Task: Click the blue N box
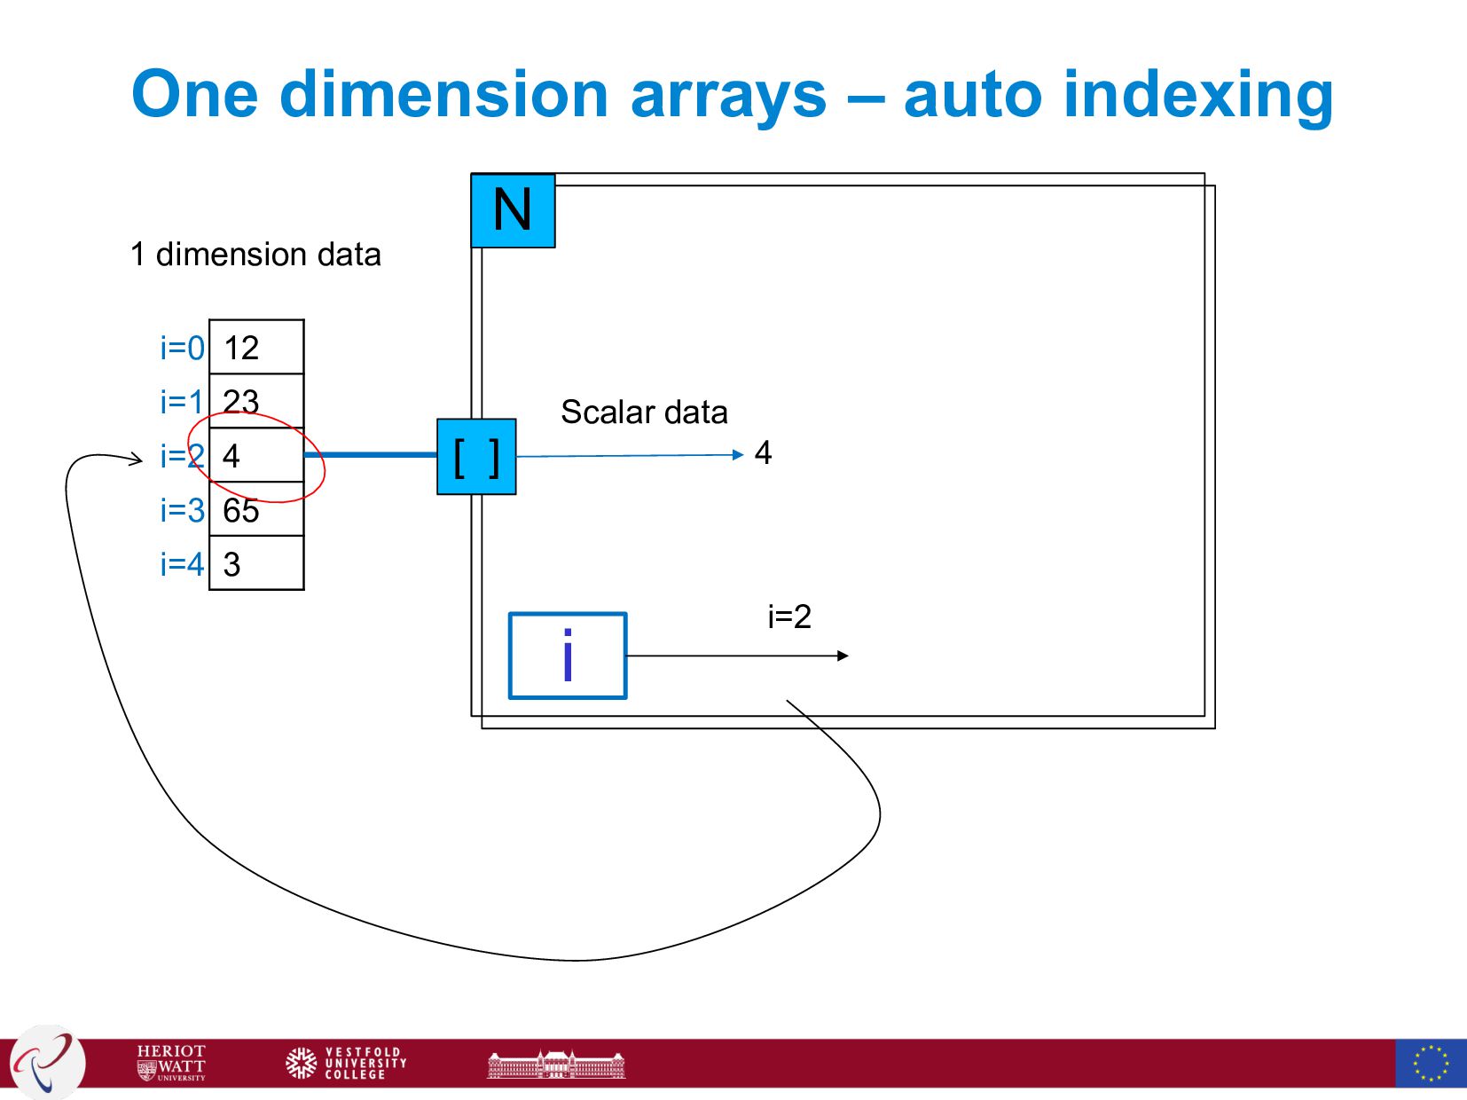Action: [x=513, y=211]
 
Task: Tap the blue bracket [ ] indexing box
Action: [x=476, y=457]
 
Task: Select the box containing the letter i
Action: [x=568, y=656]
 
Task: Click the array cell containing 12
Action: [x=256, y=348]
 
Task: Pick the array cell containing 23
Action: [x=256, y=401]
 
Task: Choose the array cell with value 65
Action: [x=256, y=510]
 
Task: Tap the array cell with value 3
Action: [x=256, y=563]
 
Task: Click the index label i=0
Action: [x=182, y=348]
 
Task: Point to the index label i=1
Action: [x=182, y=402]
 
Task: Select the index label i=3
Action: [x=182, y=510]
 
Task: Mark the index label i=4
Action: [x=182, y=563]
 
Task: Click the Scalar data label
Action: [x=644, y=412]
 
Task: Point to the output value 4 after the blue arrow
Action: [x=763, y=453]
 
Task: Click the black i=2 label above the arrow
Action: [x=789, y=617]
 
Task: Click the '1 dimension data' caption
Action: [x=255, y=255]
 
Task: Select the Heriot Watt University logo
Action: [x=171, y=1063]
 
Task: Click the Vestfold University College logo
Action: [x=347, y=1063]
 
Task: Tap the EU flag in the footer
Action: [x=1431, y=1063]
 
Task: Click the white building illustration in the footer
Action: [x=556, y=1064]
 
